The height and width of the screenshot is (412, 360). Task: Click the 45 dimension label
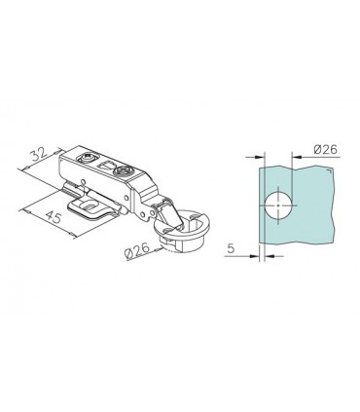[x=53, y=216]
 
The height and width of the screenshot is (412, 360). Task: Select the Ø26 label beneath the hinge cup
[x=137, y=251]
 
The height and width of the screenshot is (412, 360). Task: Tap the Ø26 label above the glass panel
[x=326, y=149]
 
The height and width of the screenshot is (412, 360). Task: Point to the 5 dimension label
[x=231, y=248]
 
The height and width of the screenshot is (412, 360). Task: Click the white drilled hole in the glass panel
[x=278, y=206]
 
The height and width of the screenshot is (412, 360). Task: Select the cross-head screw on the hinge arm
[x=125, y=169]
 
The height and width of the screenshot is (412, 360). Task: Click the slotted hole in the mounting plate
[x=89, y=206]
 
